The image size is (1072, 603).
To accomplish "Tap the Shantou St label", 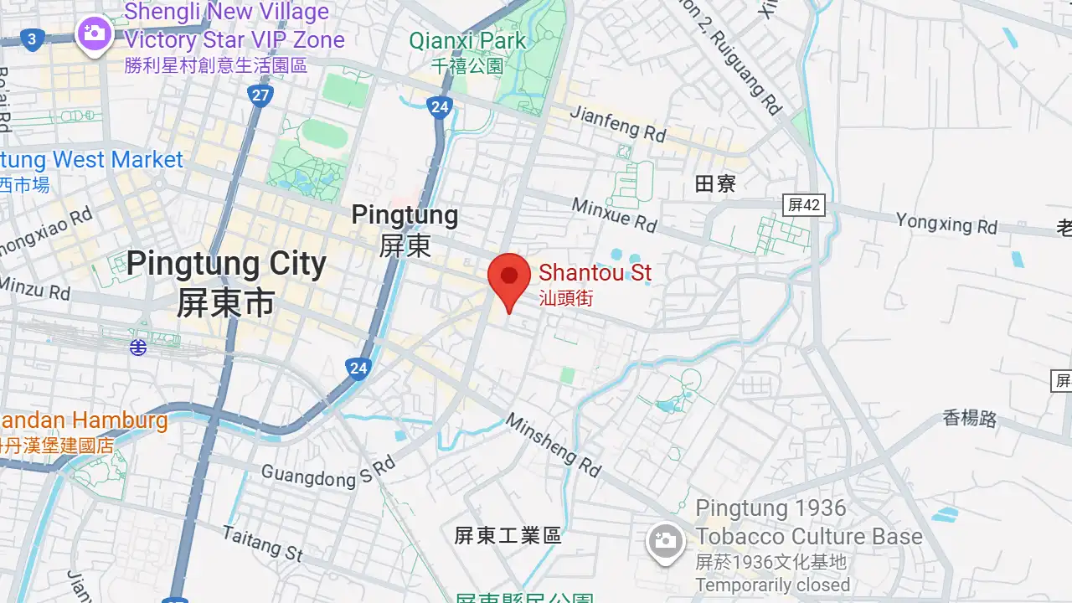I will pos(595,273).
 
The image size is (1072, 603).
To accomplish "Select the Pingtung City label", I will pos(226,264).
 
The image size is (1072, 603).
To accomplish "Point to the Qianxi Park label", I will pos(467,40).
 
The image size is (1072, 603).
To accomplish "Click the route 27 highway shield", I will pos(260,95).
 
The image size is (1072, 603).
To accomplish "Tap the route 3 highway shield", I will pos(32,39).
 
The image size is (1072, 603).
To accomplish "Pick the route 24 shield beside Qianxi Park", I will pos(439,106).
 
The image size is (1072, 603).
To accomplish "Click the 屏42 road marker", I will pos(804,205).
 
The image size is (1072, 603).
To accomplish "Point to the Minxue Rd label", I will pos(614,214).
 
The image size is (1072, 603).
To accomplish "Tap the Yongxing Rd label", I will pos(946,224).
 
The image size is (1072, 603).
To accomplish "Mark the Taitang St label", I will pos(263,543).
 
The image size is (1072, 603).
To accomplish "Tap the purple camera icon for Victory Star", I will pos(94,34).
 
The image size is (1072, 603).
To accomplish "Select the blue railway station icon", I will pos(138,347).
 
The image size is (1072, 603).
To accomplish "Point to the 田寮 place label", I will pos(715,184).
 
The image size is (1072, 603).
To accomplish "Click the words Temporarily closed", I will pos(772,585).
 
